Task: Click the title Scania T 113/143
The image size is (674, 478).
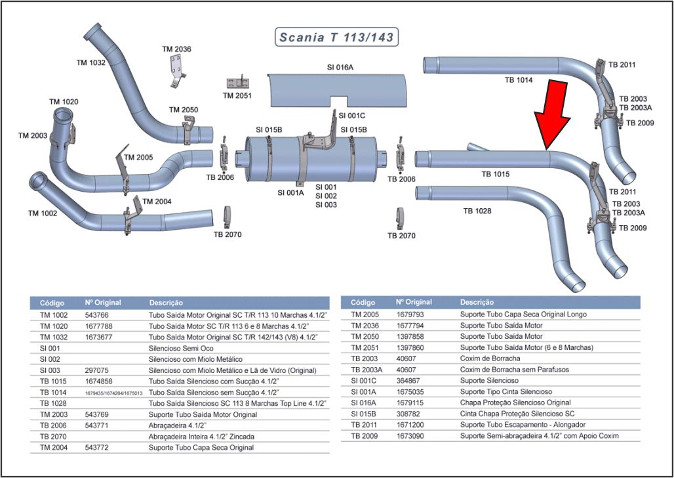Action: pos(337,37)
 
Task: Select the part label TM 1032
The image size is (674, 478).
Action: pos(91,62)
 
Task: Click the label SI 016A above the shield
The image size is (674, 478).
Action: pos(340,67)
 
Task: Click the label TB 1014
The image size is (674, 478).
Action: pos(519,80)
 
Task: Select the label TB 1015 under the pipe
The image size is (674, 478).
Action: pos(496,175)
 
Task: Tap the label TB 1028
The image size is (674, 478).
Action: pos(477,211)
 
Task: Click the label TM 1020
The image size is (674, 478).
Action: pos(64,102)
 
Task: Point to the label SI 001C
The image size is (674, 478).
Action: pos(352,115)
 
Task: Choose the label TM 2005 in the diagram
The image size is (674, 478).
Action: pos(138,158)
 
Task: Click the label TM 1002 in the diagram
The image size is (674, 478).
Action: pos(43,213)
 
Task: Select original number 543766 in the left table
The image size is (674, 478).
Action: pos(97,315)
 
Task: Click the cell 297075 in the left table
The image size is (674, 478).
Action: pos(97,370)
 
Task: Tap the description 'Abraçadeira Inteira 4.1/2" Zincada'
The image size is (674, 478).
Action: pos(202,436)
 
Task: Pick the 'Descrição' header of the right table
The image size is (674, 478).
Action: pos(477,303)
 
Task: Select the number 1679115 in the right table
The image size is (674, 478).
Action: pos(410,402)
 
